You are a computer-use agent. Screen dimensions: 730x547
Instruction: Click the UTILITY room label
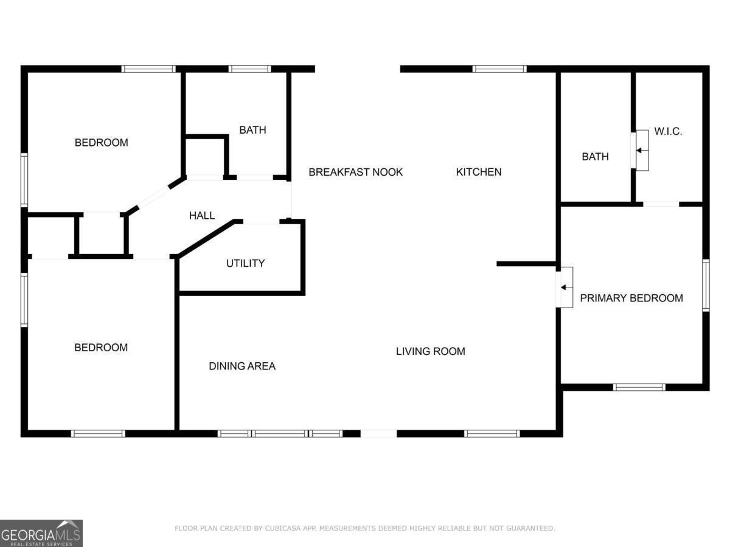click(245, 263)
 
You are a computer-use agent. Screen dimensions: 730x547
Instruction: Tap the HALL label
click(202, 216)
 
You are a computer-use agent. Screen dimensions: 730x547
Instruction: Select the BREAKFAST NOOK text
click(355, 172)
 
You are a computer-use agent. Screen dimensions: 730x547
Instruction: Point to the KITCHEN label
click(479, 172)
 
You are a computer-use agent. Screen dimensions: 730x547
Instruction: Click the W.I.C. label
click(668, 131)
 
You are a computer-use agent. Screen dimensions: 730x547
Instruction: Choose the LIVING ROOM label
click(430, 351)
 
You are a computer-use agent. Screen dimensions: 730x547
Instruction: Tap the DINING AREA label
click(242, 366)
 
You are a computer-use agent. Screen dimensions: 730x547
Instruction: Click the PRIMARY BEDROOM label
click(631, 298)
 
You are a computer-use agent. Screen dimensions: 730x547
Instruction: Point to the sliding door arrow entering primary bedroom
click(566, 287)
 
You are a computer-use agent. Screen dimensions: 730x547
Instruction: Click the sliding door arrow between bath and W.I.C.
click(642, 151)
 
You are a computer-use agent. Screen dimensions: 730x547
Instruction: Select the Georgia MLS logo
click(41, 534)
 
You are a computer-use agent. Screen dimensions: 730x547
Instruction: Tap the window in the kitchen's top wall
click(499, 69)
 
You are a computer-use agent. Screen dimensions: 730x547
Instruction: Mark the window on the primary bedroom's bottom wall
click(639, 387)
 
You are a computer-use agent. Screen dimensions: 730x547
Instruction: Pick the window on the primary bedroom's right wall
click(706, 286)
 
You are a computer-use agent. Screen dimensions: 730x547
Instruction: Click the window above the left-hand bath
click(249, 69)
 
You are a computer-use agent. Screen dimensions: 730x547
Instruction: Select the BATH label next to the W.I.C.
click(596, 157)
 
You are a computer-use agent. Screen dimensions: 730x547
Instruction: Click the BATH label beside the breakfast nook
click(252, 130)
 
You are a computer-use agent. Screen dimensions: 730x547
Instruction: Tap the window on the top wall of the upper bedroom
click(148, 69)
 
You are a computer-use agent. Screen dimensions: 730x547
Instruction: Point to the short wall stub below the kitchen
click(526, 264)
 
